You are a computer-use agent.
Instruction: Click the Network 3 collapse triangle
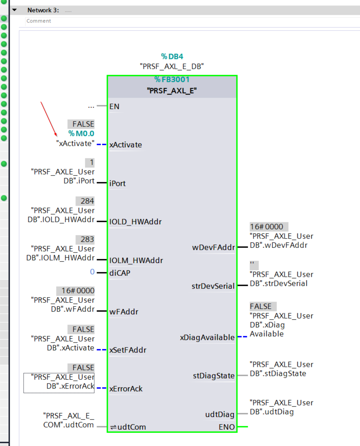click(x=14, y=10)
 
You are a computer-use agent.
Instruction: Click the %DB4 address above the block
click(x=172, y=56)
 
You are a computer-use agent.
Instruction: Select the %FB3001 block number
click(x=172, y=80)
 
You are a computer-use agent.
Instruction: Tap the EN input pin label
click(x=114, y=107)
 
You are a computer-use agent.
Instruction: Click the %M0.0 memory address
click(x=81, y=134)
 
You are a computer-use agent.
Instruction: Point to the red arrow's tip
click(x=56, y=136)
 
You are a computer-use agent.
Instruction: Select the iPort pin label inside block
click(x=117, y=183)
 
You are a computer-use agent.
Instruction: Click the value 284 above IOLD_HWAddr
click(x=87, y=201)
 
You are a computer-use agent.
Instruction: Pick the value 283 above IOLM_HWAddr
click(x=87, y=239)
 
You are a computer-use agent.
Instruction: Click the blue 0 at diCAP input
click(x=92, y=272)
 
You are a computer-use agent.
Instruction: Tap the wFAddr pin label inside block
click(x=124, y=312)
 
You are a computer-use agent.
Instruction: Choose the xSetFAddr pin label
click(x=128, y=350)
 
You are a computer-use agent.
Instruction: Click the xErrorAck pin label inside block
click(x=126, y=389)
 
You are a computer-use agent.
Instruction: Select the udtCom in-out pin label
click(x=131, y=427)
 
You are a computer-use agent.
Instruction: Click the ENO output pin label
click(x=226, y=427)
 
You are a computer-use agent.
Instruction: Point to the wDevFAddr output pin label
click(x=213, y=248)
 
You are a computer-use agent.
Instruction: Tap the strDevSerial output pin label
click(x=213, y=286)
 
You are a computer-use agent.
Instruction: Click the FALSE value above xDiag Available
click(x=261, y=306)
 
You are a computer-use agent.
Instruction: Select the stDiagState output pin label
click(x=214, y=376)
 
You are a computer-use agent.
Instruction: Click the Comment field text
click(x=39, y=21)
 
